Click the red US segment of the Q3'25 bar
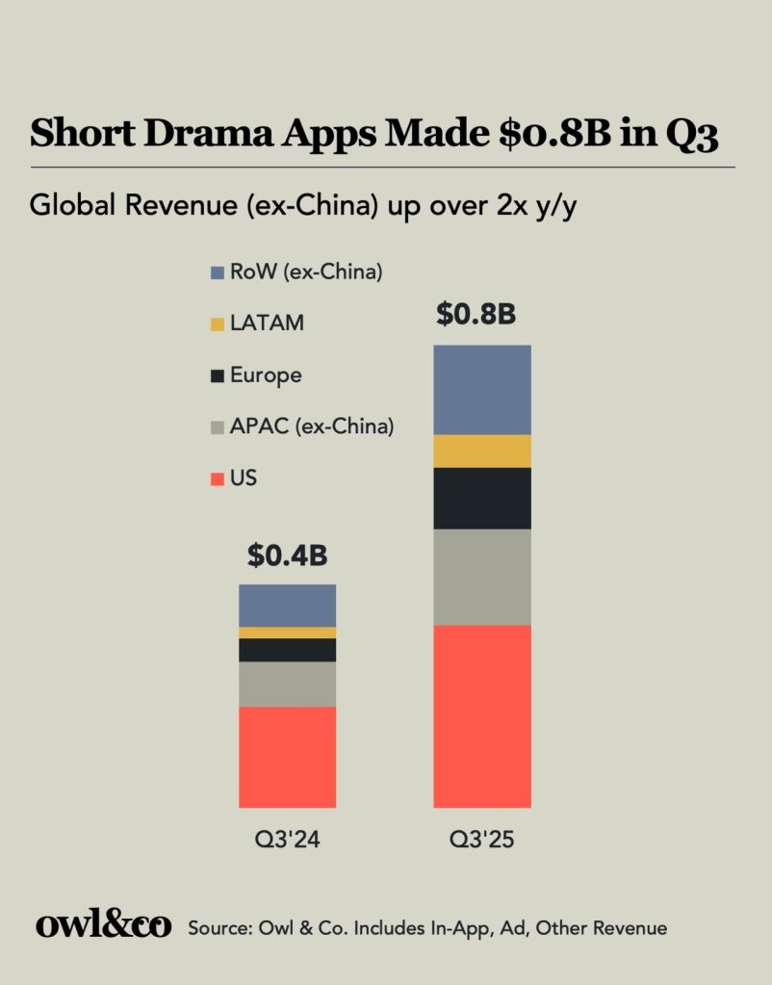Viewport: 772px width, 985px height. [x=482, y=715]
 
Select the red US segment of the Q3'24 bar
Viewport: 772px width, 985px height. [x=287, y=757]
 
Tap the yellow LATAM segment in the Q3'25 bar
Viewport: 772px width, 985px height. [x=482, y=451]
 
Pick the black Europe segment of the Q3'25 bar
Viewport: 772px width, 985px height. [x=482, y=498]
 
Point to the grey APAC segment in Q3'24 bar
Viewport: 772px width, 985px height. [x=287, y=684]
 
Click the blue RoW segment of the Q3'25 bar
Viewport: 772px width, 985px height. [x=482, y=389]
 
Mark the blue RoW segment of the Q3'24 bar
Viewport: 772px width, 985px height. [x=287, y=605]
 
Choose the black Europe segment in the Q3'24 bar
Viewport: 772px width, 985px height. [x=287, y=650]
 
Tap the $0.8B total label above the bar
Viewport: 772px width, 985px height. [x=476, y=315]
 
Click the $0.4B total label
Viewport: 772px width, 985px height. [x=287, y=556]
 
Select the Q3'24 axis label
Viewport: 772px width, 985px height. [x=287, y=840]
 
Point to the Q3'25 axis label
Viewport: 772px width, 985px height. [x=482, y=840]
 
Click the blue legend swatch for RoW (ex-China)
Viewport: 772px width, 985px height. [x=217, y=273]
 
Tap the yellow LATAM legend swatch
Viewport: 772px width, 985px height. [x=217, y=324]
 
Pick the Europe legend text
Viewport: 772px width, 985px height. [x=265, y=376]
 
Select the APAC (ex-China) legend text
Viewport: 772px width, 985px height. [x=311, y=427]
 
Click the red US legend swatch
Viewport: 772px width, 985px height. [x=217, y=479]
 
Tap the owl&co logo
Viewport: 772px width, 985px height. [x=103, y=926]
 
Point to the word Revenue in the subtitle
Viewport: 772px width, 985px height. [x=154, y=205]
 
